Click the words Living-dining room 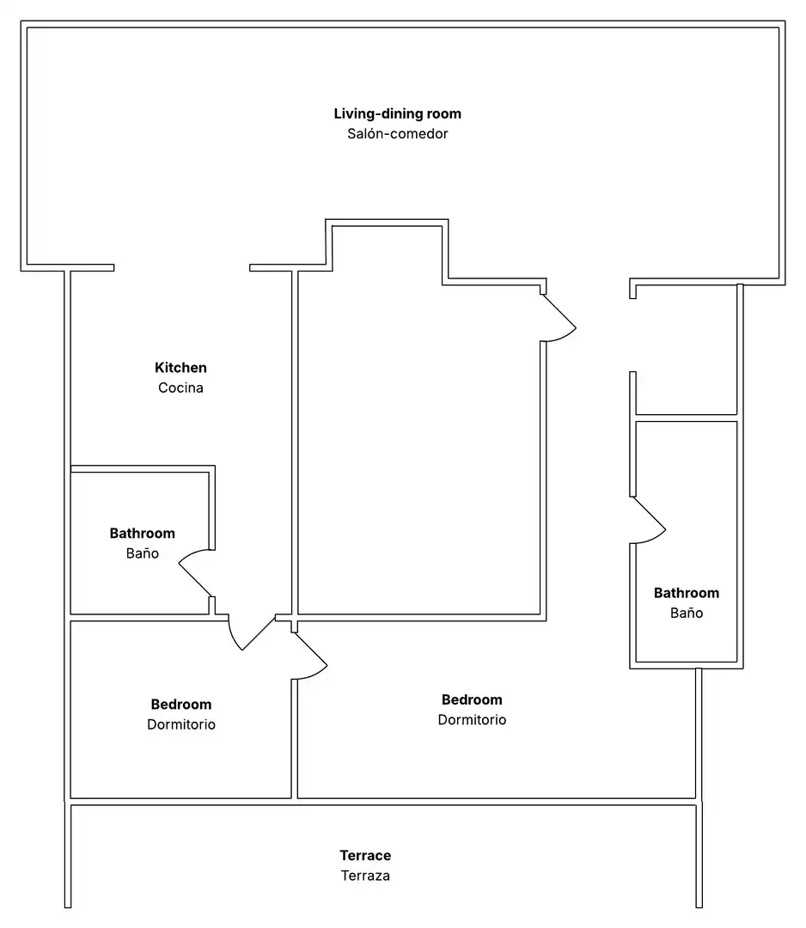tap(397, 113)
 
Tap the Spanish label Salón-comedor tap(397, 134)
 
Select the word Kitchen tap(180, 368)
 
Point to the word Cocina tap(180, 388)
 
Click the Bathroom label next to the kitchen tap(142, 534)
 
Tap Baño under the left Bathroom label tap(142, 553)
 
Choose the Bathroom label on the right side tap(687, 593)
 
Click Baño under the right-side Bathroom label tap(687, 614)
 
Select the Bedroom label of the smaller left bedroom tap(181, 705)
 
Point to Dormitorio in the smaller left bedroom tap(181, 724)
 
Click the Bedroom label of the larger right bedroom tap(472, 699)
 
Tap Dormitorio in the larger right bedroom tap(472, 720)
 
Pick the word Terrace tap(365, 855)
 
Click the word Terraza tap(365, 876)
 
